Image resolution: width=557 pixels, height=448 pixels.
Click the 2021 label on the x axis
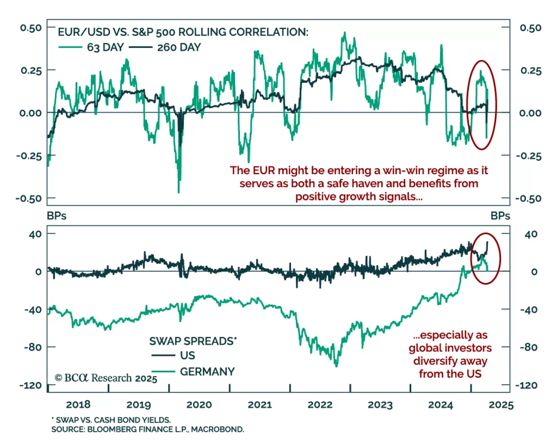point(260,404)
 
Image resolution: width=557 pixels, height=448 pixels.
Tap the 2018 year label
point(78,404)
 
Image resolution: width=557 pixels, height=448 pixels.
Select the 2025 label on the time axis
point(501,405)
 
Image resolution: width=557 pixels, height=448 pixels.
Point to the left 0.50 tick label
point(31,28)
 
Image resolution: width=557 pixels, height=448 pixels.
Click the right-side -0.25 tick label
point(528,156)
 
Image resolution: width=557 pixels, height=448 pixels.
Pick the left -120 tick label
point(31,385)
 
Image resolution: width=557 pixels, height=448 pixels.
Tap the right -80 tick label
point(528,347)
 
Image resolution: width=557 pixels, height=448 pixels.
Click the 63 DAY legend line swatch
point(70,47)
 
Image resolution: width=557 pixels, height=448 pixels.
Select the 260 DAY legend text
point(179,47)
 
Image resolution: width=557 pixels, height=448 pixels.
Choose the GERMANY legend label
point(207,371)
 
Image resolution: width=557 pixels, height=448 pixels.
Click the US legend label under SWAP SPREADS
point(188,355)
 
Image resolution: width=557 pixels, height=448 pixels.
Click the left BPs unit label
point(56,216)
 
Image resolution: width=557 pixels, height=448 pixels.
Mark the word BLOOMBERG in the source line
point(112,429)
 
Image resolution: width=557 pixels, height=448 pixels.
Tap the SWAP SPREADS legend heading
point(193,341)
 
